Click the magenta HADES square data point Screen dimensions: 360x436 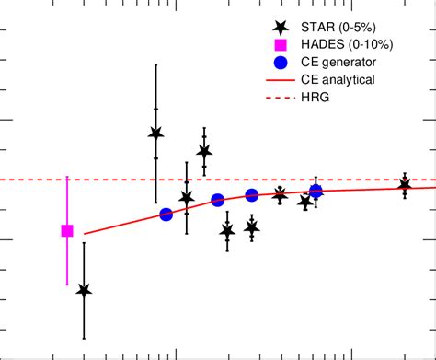[x=66, y=231]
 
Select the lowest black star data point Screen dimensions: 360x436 [x=85, y=291]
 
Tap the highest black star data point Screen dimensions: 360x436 [x=155, y=134]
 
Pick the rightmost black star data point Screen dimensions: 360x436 [x=404, y=185]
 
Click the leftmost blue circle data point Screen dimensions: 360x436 [x=166, y=215]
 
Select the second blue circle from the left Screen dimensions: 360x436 [x=218, y=200]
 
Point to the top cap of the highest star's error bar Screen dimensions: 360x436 [x=155, y=64]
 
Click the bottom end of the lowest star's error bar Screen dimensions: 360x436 [x=85, y=339]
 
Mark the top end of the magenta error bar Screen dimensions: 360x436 [x=66, y=177]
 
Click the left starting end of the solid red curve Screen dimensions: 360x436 [x=86, y=234]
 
